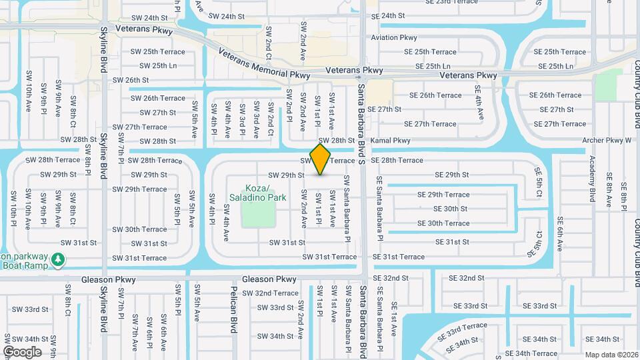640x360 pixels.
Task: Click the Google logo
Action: point(22,351)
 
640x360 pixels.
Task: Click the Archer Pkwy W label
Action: point(606,141)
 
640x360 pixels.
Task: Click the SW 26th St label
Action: point(131,80)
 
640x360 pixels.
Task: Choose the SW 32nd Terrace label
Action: point(270,293)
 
